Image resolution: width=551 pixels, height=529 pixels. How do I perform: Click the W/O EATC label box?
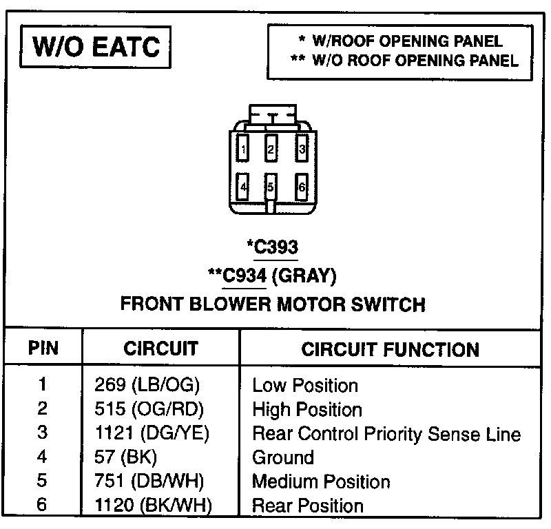pos(96,47)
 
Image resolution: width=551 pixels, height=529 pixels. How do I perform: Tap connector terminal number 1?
pos(243,147)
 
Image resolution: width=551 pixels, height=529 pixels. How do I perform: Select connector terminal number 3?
pos(302,147)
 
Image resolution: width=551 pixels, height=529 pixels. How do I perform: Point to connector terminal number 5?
pos(271,186)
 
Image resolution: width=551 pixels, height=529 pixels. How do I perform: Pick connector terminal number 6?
pos(302,186)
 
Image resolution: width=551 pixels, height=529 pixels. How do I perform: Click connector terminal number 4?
pos(243,186)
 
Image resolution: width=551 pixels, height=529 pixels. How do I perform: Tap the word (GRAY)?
pos(305,276)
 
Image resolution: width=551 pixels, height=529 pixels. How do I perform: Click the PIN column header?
pos(43,348)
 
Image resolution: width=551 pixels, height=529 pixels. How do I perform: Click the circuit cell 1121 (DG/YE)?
pos(152,433)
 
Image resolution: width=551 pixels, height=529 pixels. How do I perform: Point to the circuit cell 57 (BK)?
pos(125,457)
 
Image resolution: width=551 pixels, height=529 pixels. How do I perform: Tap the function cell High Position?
pos(306,410)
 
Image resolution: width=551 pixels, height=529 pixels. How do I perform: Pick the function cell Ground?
pos(283,457)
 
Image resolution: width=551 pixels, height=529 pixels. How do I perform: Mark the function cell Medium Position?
pos(321,481)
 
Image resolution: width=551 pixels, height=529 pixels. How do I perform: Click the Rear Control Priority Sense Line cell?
pos(386,434)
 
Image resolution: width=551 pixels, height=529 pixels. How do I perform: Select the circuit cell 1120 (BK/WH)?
pos(152,506)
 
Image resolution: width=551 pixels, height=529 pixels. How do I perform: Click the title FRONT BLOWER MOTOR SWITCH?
pos(273,304)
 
